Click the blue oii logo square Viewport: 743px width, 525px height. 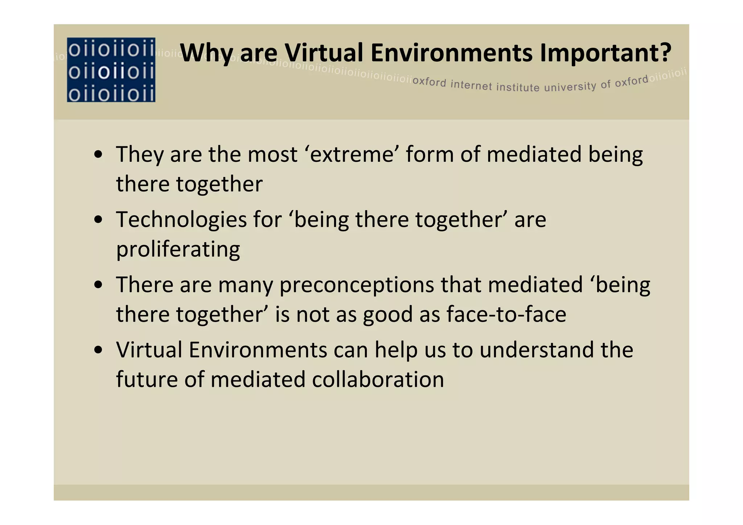(x=111, y=70)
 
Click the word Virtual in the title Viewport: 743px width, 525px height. (x=323, y=53)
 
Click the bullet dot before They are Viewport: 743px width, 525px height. (x=98, y=155)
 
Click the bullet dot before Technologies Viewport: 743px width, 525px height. (x=98, y=220)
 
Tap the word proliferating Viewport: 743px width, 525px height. (x=178, y=249)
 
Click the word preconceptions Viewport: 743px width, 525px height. (x=356, y=285)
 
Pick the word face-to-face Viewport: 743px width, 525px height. (x=506, y=314)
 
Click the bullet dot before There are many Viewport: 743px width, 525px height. (x=98, y=285)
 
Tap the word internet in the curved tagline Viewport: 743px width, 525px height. (x=471, y=85)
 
